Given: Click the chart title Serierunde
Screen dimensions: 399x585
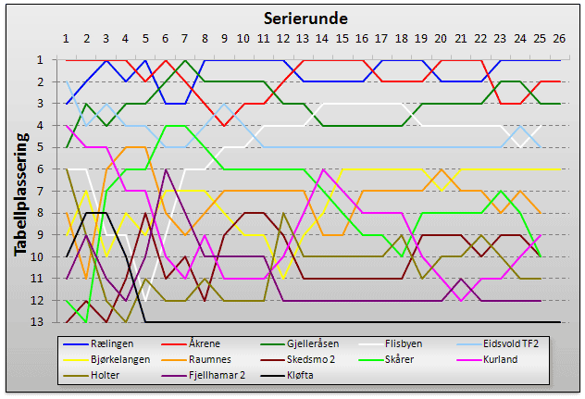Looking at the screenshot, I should [305, 18].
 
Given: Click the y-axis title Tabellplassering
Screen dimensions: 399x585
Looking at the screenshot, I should [20, 191].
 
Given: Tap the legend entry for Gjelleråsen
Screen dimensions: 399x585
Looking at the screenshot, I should [319, 343].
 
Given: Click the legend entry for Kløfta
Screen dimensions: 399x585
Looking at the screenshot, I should [310, 376].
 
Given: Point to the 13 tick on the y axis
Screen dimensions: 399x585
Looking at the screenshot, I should [52, 322].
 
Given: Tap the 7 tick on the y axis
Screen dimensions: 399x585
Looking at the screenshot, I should [54, 191].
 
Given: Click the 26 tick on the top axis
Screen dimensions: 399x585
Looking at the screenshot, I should [560, 39].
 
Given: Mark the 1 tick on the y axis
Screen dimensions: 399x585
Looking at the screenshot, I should [54, 60].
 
